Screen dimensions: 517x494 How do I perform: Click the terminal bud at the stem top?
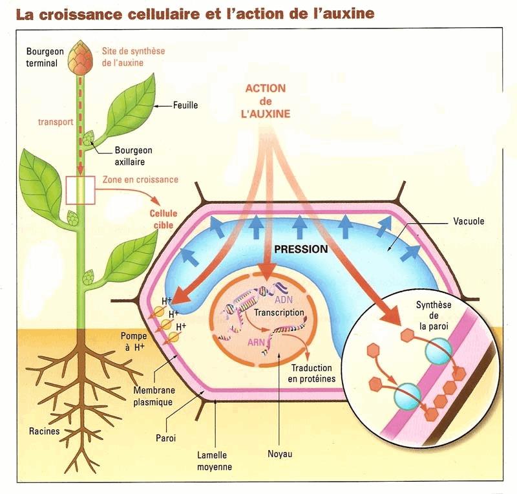pos(80,57)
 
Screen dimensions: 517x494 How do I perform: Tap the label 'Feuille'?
pos(185,105)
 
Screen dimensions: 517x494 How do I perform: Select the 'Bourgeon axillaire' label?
pos(133,156)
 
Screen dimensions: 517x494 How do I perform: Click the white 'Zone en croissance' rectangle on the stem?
pos(80,190)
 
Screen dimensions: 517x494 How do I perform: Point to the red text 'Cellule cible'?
pos(164,219)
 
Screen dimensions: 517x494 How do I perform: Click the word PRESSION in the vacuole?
pos(301,249)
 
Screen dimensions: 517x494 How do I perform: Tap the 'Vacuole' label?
pos(469,221)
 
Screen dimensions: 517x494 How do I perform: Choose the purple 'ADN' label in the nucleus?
pos(284,300)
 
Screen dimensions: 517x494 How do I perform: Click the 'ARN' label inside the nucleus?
pos(256,342)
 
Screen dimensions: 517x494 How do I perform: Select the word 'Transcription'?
pos(279,312)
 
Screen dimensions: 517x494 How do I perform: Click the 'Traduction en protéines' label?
pos(311,373)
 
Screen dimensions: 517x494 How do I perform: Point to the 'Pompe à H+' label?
pos(134,341)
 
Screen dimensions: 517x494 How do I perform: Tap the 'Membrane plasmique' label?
pos(154,396)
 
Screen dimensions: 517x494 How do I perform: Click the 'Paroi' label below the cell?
pos(166,438)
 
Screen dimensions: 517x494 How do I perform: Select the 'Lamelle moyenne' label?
pos(215,461)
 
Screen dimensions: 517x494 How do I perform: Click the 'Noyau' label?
pos(280,454)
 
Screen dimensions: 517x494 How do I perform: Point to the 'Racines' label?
pos(45,431)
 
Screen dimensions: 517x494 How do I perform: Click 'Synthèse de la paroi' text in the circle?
pos(434,316)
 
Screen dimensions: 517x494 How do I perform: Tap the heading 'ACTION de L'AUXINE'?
pos(266,101)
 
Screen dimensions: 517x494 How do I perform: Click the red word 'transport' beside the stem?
pos(56,122)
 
